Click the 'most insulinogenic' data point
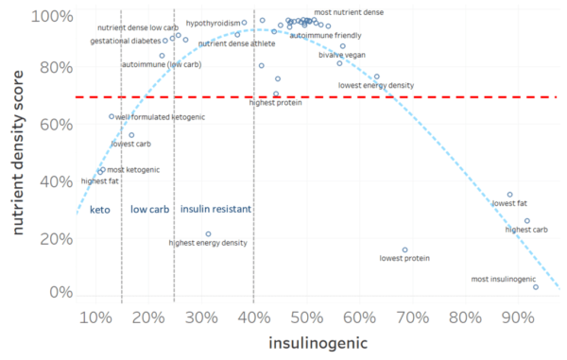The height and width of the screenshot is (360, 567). click(x=536, y=286)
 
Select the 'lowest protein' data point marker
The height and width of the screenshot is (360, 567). click(x=404, y=250)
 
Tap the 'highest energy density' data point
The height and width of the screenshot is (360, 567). click(x=208, y=234)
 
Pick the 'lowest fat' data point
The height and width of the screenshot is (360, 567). click(x=509, y=195)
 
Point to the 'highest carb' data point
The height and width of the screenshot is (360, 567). click(x=527, y=221)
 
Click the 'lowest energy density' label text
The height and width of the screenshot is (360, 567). click(x=376, y=86)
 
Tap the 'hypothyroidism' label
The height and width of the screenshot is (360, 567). click(x=212, y=22)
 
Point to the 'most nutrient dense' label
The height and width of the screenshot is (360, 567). click(x=349, y=12)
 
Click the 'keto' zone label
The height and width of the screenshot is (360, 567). click(x=100, y=209)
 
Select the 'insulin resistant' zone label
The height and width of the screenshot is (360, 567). click(x=215, y=209)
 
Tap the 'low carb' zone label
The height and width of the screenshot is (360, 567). click(x=149, y=209)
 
